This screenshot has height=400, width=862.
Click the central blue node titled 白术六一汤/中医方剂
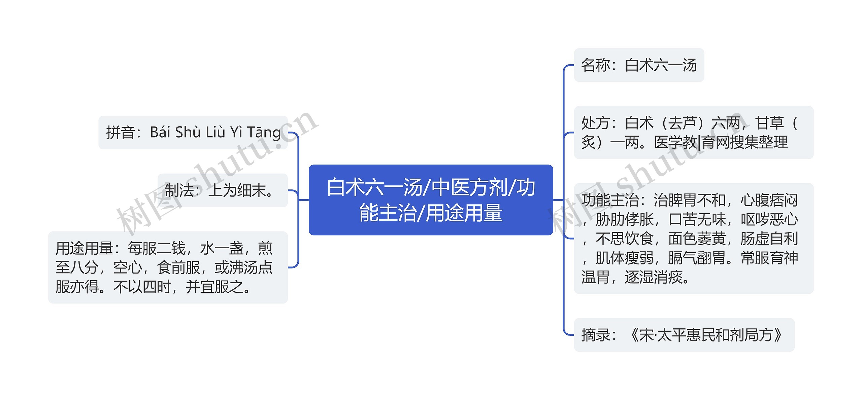431,200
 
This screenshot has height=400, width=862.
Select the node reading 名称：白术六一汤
639,65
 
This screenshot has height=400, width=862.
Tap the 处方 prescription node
693,133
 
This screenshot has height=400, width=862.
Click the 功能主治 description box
693,239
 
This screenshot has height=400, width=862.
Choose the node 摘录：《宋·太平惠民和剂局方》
684,335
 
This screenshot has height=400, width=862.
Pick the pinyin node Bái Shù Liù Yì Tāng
193,133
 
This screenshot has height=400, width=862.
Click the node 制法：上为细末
223,190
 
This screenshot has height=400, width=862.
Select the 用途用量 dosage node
168,267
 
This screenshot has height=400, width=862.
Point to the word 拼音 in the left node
121,133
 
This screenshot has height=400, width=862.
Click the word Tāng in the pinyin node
264,133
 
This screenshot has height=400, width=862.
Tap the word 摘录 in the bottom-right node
596,335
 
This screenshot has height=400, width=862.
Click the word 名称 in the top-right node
596,65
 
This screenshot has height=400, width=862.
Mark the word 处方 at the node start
596,123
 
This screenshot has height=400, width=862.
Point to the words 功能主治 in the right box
610,201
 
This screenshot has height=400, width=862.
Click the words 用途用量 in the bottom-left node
84,249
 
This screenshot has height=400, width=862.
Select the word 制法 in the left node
179,190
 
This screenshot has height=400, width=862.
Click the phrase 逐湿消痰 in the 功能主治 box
653,278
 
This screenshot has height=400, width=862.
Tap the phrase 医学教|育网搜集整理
721,142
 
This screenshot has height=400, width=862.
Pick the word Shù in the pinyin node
188,133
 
